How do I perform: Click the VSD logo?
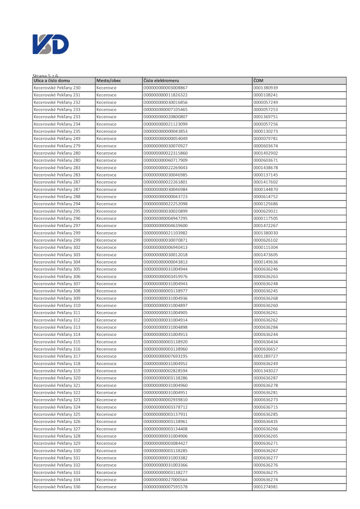coord(51,45)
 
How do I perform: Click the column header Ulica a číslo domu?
coord(52,80)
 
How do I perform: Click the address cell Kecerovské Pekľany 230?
coord(57,88)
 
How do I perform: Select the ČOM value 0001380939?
coord(266,88)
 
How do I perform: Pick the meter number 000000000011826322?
coord(165,95)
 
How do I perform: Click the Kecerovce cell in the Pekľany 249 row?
coord(107,139)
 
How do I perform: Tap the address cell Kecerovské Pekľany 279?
coord(57,146)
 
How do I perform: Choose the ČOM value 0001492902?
coord(266,153)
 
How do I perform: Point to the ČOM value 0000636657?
coord(266,349)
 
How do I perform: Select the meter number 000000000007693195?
coord(165,356)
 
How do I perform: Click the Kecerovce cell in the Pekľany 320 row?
coord(107,378)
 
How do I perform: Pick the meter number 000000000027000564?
coord(165,479)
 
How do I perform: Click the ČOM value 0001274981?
coord(266,487)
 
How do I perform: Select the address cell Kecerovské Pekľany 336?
coord(57,487)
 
